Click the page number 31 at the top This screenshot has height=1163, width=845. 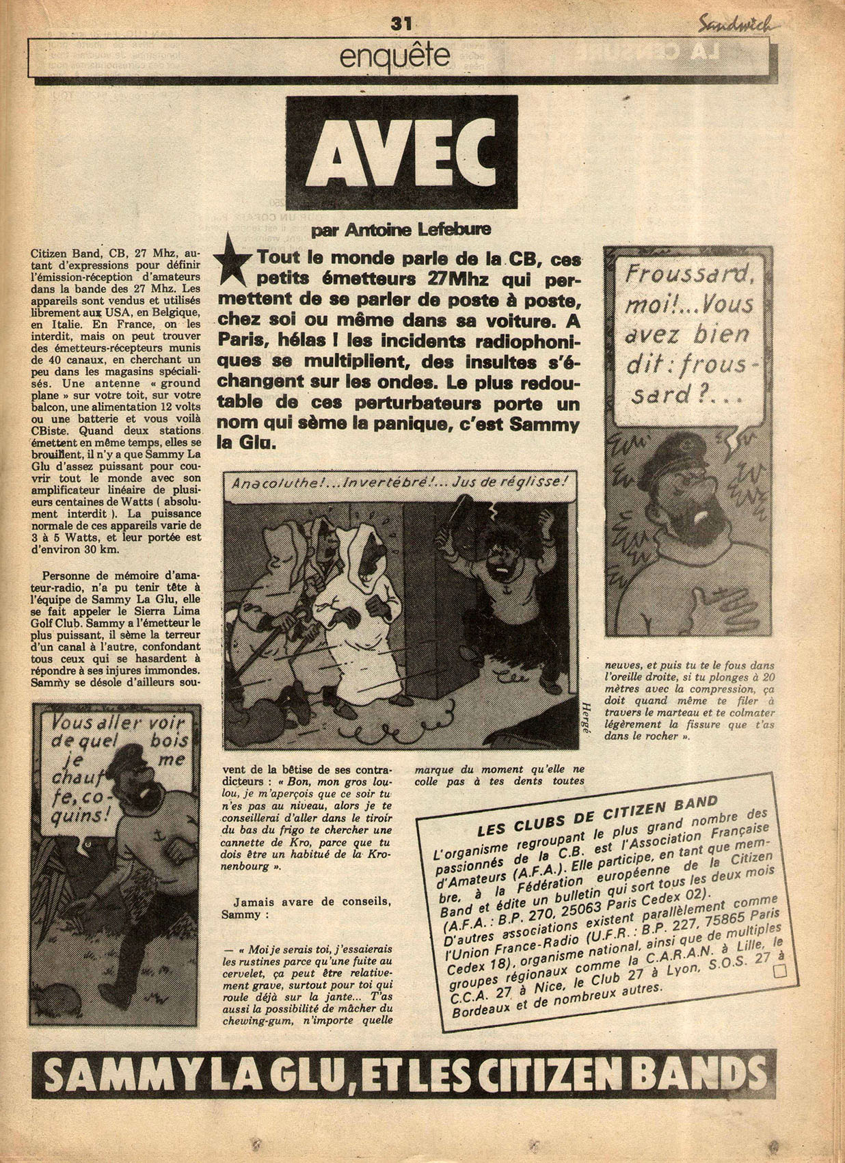pyautogui.click(x=400, y=23)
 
